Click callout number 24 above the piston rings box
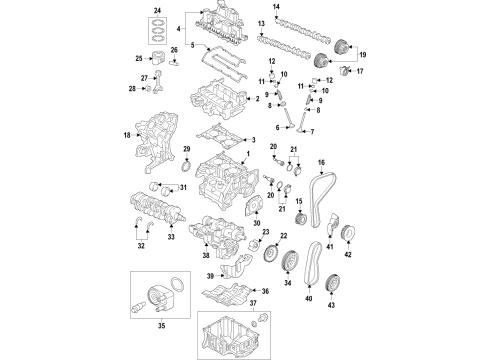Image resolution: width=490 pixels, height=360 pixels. [x=156, y=10]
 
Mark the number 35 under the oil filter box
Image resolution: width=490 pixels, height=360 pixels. [x=155, y=324]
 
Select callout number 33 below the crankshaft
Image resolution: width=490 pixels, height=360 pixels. [x=171, y=240]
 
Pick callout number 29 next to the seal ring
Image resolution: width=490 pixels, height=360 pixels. [x=186, y=151]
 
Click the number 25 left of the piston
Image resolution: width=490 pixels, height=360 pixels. [x=139, y=59]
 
